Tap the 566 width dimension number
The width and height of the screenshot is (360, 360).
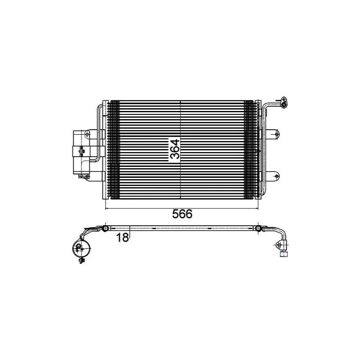tap(182, 214)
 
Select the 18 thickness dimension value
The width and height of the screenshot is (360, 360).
tap(122, 238)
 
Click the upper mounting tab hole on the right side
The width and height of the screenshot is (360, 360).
tap(277, 133)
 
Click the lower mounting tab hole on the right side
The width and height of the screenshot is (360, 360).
tap(277, 176)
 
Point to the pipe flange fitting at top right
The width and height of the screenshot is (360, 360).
tap(284, 102)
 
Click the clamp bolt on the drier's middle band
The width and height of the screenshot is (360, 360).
tap(81, 151)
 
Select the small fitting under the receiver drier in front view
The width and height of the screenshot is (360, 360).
tap(83, 176)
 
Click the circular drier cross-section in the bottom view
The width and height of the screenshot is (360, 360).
tap(81, 248)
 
